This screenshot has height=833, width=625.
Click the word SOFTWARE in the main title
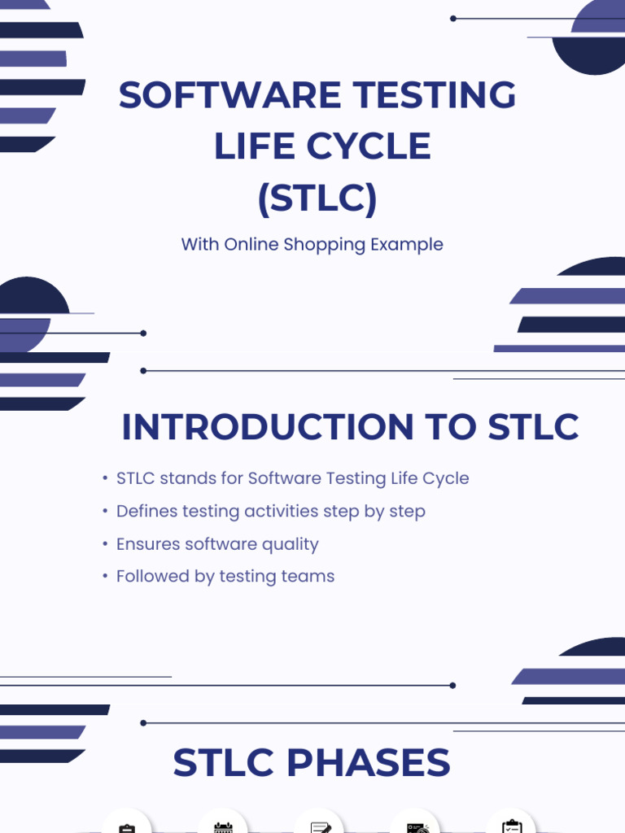(x=229, y=94)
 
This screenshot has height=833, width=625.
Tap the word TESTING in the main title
(x=435, y=94)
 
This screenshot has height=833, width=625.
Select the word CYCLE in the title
(x=369, y=146)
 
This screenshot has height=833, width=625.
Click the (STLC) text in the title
(x=317, y=198)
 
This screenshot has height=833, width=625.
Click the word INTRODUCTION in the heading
(x=268, y=426)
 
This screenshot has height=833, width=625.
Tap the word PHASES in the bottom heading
(x=369, y=762)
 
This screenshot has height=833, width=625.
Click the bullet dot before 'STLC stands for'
(x=105, y=478)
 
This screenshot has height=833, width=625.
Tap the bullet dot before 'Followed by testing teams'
(x=105, y=577)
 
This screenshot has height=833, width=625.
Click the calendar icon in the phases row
(x=223, y=827)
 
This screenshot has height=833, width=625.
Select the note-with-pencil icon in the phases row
(x=321, y=827)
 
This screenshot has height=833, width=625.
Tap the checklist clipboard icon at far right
(x=512, y=826)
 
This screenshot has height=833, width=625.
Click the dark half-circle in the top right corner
(x=590, y=55)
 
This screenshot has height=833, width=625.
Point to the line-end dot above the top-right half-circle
(x=452, y=19)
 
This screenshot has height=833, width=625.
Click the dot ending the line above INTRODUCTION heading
(x=143, y=371)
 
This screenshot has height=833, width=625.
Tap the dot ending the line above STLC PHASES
(x=143, y=723)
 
